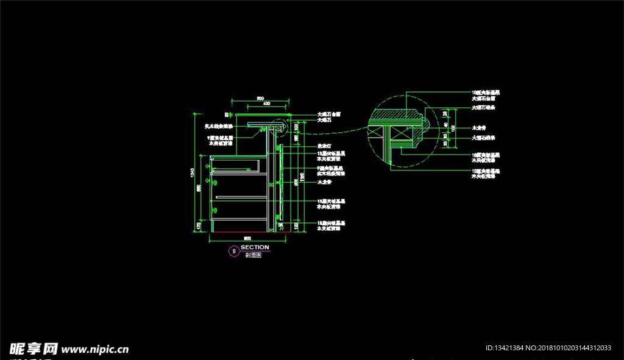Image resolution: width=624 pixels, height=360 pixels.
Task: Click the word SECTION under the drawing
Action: coord(255,247)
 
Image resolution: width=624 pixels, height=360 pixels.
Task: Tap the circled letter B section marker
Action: coord(233,250)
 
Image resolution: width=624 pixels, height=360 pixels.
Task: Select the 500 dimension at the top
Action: coord(260,99)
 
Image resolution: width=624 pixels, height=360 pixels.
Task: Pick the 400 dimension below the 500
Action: coord(266,104)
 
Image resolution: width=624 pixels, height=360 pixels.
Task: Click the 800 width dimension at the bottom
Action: coord(247,238)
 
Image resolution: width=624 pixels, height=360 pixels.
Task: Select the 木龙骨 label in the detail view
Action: coord(479,129)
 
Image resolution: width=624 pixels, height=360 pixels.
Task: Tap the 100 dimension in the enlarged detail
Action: coord(453,129)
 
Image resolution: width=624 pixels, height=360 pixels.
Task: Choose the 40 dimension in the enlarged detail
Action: coord(445,125)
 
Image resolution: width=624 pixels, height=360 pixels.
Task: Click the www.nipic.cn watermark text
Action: coord(95,350)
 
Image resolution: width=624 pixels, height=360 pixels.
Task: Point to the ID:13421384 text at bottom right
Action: coord(506,348)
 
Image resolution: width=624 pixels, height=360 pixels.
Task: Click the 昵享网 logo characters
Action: coord(33,348)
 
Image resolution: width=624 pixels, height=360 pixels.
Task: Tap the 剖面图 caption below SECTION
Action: coord(253,256)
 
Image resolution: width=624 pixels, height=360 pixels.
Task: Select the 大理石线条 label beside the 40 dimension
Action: coord(484,138)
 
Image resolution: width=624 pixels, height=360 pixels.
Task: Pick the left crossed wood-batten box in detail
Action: coord(377,132)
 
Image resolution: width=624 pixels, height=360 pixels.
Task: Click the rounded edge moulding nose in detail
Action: coord(430,124)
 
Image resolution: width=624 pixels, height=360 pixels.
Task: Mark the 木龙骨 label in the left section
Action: coord(323,182)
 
